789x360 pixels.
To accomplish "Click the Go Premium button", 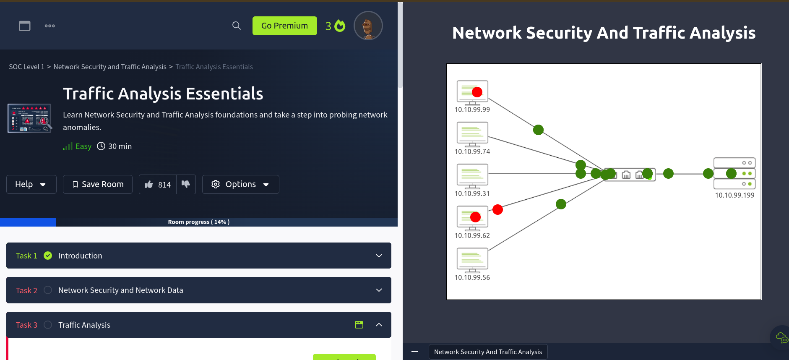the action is click(x=284, y=26).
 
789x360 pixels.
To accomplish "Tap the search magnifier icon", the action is click(x=237, y=26).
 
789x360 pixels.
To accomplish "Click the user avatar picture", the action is click(x=368, y=26).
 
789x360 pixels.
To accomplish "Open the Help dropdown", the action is click(x=31, y=184).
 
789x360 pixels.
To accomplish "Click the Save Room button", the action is click(x=98, y=184).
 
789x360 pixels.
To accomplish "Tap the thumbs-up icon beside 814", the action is click(x=149, y=185).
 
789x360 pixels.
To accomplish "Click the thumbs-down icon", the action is click(x=186, y=184).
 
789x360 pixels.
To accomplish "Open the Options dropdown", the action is click(x=240, y=184).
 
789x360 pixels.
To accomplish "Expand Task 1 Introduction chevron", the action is click(x=379, y=256).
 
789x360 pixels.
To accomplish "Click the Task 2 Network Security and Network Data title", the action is click(x=121, y=290).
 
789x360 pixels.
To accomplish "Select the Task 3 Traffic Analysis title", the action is click(x=84, y=325).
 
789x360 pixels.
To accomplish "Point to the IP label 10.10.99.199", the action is click(x=734, y=195).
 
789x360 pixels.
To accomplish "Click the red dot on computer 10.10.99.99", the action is click(x=477, y=92).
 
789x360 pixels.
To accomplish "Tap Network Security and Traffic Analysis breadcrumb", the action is click(x=110, y=67).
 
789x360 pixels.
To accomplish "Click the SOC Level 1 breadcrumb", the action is click(x=26, y=67).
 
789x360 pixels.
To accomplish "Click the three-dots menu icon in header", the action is click(x=50, y=26).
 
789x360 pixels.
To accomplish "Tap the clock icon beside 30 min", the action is click(x=101, y=146).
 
